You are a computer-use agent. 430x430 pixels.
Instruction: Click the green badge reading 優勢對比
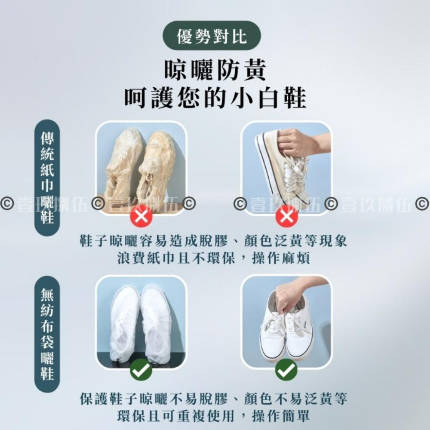point(212,36)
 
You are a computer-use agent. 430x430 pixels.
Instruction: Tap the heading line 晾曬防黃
point(215,71)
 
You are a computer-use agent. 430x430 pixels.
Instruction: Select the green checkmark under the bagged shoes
point(141,370)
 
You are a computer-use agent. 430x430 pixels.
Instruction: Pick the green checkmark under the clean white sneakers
point(286,370)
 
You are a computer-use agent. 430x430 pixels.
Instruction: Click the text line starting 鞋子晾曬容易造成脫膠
point(214,241)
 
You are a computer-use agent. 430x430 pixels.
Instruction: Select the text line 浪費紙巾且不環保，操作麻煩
point(214,258)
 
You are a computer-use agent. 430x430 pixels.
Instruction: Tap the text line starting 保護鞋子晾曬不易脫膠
point(214,399)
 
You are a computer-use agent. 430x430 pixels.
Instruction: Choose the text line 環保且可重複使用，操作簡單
point(214,416)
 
